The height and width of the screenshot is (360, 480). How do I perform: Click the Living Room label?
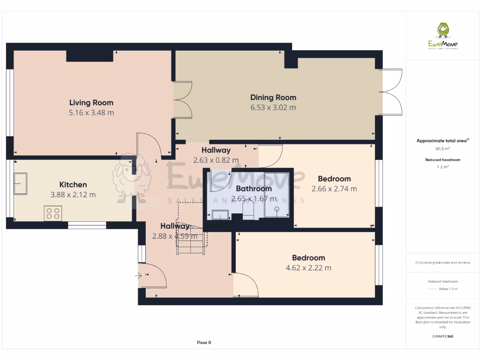(91, 103)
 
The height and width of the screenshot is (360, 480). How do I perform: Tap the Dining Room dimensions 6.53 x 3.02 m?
(273, 108)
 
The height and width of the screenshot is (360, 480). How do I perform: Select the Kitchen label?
(73, 185)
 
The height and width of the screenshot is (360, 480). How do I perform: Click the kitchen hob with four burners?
(52, 213)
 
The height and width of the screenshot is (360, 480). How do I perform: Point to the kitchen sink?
(21, 183)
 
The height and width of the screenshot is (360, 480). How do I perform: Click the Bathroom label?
(254, 188)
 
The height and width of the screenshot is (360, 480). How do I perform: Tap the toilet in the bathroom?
(248, 211)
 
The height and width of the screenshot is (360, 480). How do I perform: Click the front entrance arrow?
(138, 276)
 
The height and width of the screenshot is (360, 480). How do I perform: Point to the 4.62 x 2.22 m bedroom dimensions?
(308, 268)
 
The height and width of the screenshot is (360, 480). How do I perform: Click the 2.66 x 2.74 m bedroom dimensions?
(334, 189)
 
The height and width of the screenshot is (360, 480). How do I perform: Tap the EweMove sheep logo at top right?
(443, 30)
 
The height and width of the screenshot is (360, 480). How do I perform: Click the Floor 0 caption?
(204, 343)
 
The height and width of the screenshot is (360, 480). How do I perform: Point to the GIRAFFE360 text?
(443, 336)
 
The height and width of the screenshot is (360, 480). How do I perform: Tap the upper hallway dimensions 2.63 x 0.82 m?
(216, 160)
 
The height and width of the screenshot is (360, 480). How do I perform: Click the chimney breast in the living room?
(90, 55)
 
